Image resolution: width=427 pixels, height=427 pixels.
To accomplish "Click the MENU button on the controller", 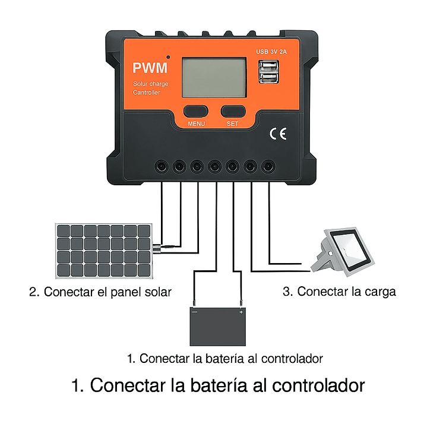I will tap(195, 111).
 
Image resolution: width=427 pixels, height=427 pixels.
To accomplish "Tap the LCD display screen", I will tap(214, 78).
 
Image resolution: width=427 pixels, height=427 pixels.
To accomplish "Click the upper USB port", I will tap(267, 67).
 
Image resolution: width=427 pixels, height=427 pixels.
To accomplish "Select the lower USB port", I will tap(267, 79).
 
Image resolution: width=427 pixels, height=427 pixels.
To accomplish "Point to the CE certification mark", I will tap(278, 134).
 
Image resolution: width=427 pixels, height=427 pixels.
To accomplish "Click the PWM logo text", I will tap(150, 68).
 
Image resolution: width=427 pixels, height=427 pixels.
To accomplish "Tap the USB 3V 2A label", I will tap(271, 52).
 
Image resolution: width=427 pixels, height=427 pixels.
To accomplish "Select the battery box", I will tap(217, 327).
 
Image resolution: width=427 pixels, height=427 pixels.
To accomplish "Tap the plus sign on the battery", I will tap(241, 312).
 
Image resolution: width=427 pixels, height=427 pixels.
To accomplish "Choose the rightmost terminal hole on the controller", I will tap(269, 167).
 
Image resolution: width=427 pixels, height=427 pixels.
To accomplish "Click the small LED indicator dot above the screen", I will tap(169, 57).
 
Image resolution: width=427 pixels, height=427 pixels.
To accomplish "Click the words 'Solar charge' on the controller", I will tap(150, 84).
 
